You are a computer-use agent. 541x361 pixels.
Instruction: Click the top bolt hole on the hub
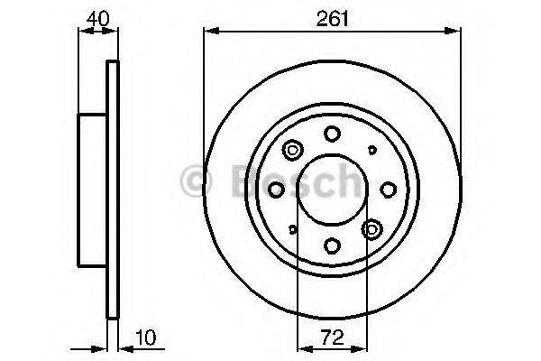coord(332,134)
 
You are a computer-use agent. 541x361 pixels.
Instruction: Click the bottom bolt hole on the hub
coord(332,245)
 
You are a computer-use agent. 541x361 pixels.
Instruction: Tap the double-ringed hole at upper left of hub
coord(292,151)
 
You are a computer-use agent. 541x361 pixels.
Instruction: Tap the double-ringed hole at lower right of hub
coord(371,229)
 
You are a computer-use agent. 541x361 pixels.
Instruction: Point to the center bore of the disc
coord(332,190)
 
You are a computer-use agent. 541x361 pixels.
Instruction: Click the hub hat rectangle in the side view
coord(93,190)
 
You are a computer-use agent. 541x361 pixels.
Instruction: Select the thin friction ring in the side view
coord(113,190)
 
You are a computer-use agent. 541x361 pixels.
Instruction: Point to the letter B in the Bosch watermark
coord(237,181)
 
